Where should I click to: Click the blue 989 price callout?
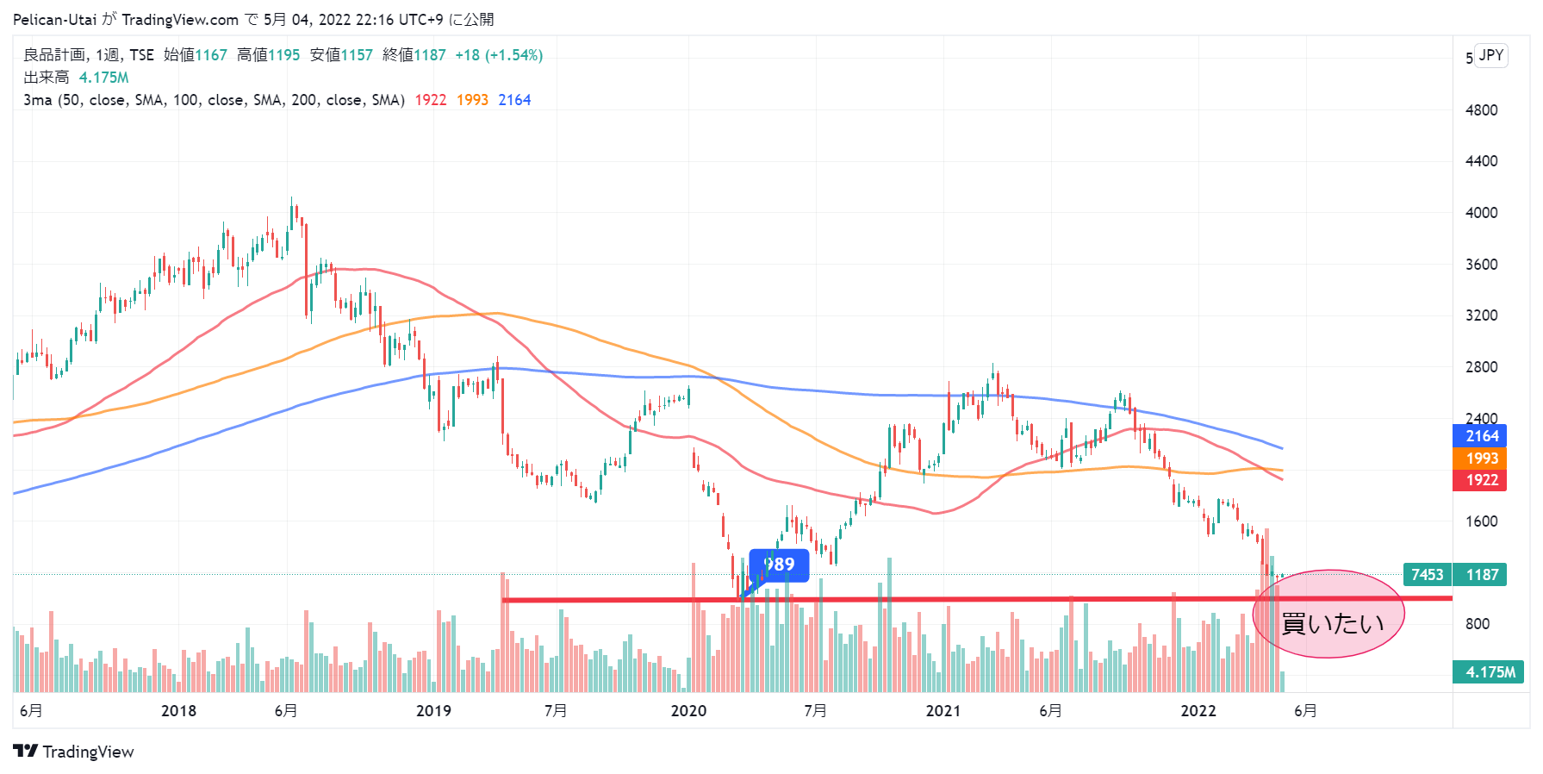coord(779,565)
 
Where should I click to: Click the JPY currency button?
coord(1490,55)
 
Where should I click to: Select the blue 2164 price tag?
coord(1480,436)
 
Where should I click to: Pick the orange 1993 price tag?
coord(1480,459)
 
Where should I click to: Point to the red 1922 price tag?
coord(1480,480)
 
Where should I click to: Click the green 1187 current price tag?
coord(1481,575)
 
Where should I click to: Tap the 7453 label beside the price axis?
coord(1427,575)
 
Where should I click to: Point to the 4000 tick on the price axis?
coord(1481,213)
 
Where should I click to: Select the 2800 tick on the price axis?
coord(1481,367)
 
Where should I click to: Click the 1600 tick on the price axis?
coord(1481,521)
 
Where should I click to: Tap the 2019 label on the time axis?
coord(433,711)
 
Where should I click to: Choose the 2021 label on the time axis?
coord(943,711)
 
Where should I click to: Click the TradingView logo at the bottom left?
coord(74,752)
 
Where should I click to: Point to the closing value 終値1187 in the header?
coord(414,55)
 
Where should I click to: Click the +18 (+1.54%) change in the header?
coord(499,55)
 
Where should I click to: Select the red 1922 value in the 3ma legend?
coord(431,100)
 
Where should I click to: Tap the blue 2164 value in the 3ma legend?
coord(514,100)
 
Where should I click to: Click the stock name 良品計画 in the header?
coord(54,55)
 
